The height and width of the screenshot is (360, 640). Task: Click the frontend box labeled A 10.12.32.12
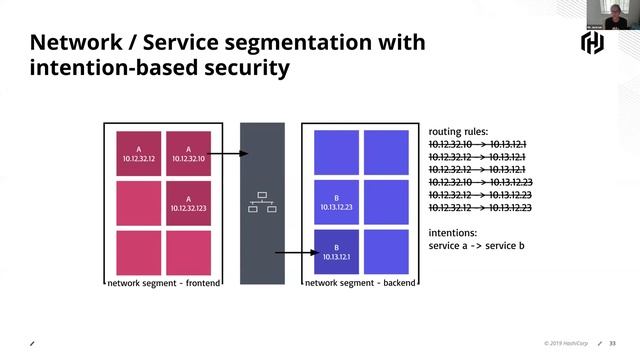tap(138, 153)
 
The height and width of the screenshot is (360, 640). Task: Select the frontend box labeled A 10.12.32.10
tap(187, 153)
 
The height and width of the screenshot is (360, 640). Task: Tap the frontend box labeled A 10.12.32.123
tap(187, 203)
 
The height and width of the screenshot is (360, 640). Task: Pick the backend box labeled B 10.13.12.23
tap(336, 203)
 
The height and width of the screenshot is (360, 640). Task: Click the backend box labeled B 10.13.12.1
tap(336, 252)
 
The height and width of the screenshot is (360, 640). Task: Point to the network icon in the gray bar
tap(262, 203)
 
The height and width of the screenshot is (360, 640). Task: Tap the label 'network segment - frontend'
tap(163, 284)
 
